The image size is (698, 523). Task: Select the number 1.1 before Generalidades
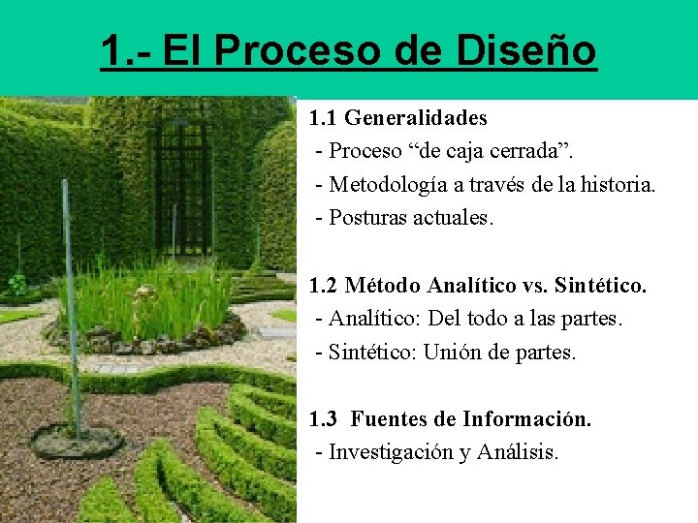(324, 119)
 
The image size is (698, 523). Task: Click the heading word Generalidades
(416, 119)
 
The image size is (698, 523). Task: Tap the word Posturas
(367, 217)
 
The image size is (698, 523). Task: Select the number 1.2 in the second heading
(324, 286)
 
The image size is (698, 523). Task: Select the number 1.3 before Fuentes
(324, 419)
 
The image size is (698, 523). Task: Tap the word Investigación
(393, 452)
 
